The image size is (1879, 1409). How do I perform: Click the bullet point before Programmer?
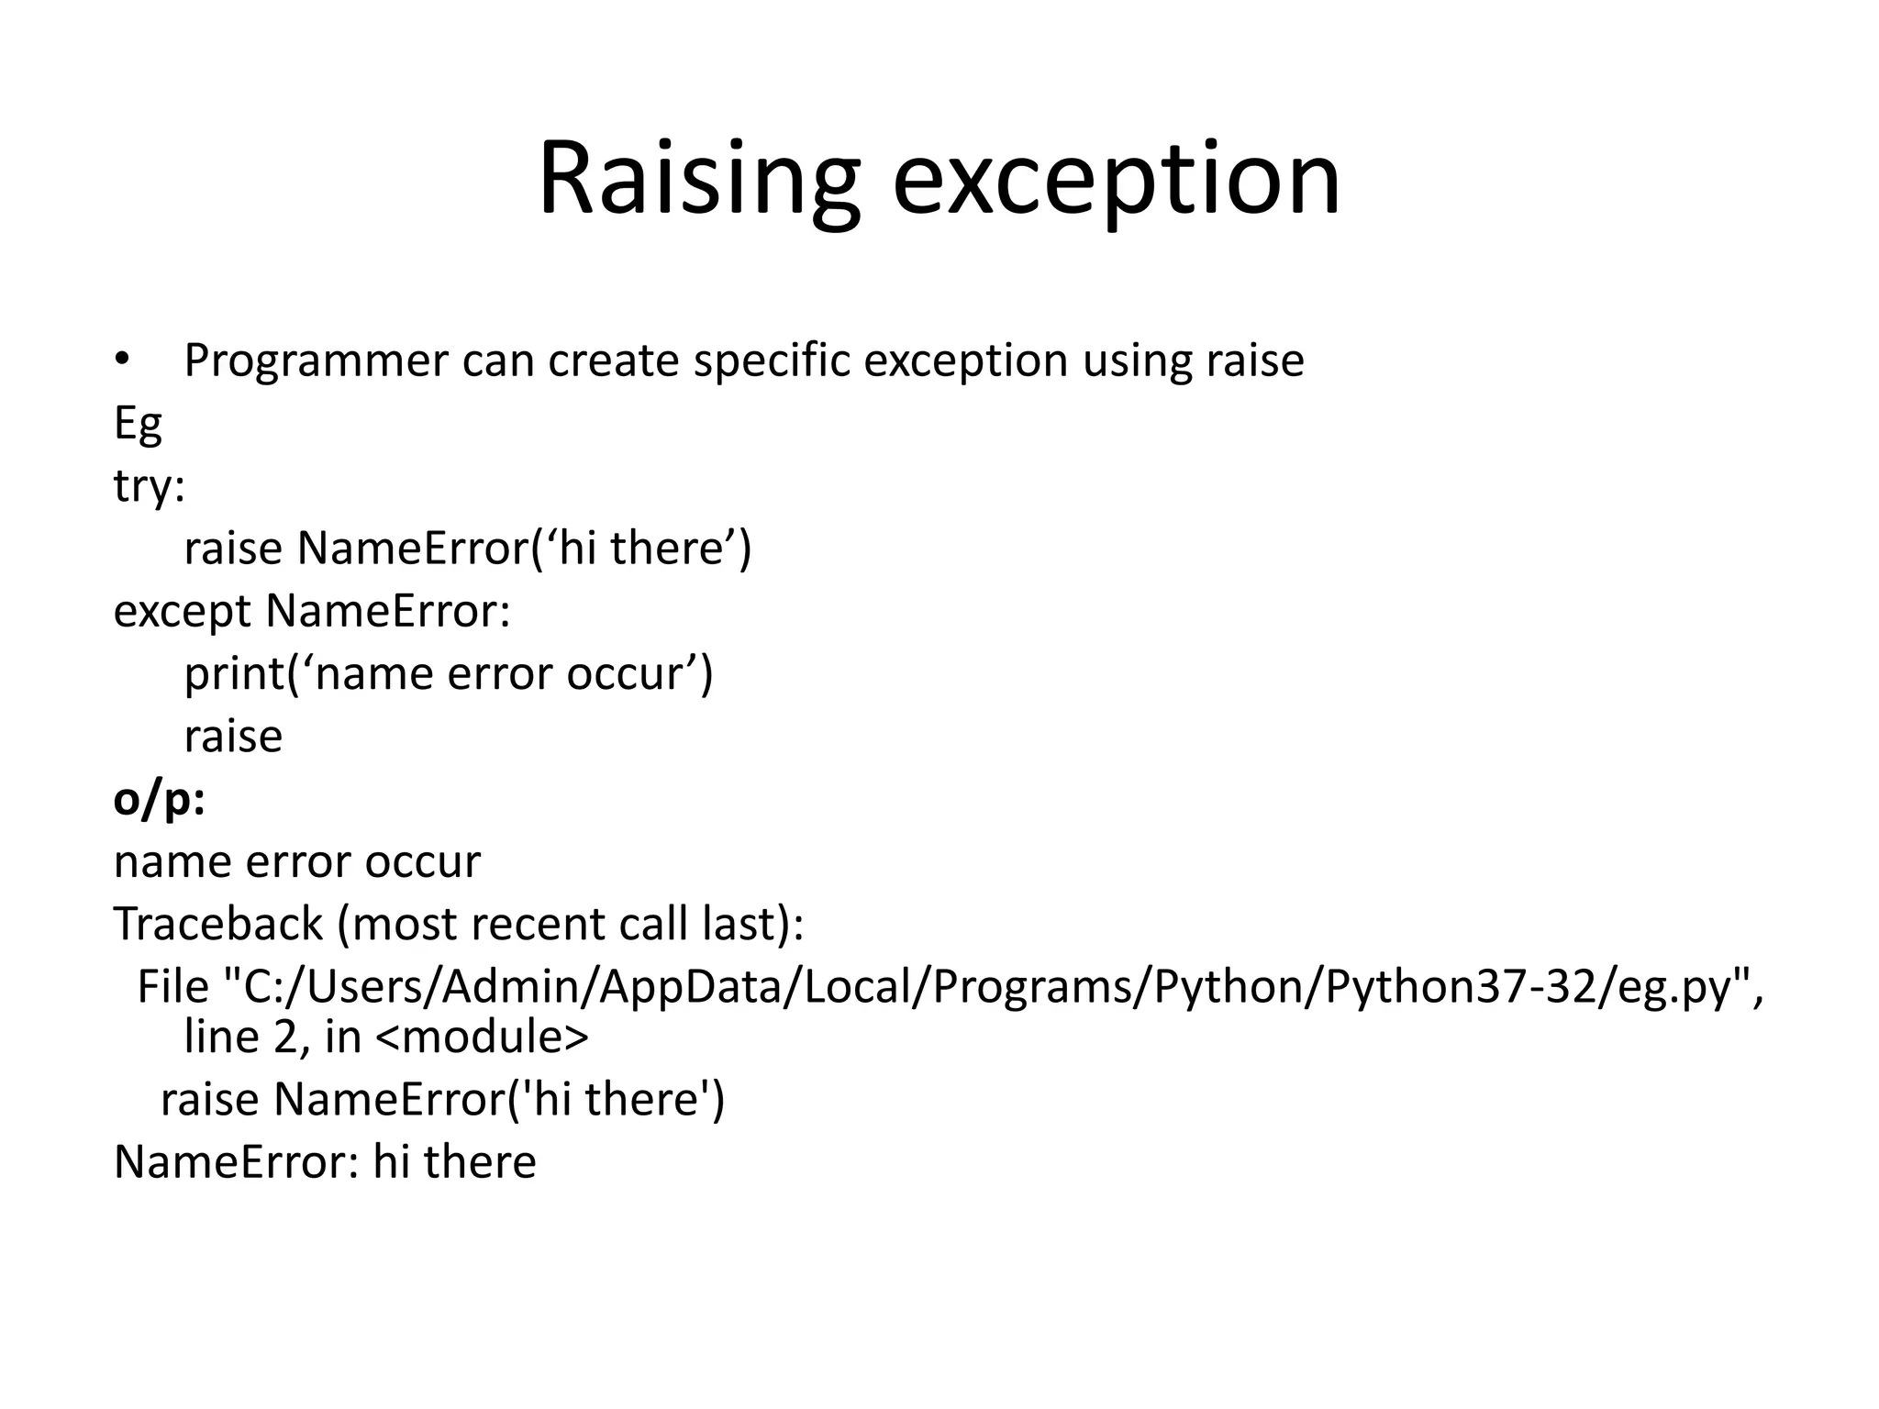(x=121, y=360)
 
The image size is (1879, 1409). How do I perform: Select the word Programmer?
(x=316, y=361)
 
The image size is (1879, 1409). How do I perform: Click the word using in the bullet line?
(x=1137, y=361)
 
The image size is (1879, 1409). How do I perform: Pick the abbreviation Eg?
(x=138, y=424)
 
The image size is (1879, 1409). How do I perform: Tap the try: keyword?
(x=149, y=486)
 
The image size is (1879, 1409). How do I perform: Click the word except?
(x=182, y=612)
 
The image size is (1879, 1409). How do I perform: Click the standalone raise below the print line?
(x=233, y=737)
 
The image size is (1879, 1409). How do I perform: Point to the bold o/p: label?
(x=159, y=800)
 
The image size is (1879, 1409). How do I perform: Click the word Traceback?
(x=218, y=924)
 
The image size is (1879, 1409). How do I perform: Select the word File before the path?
(x=173, y=987)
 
